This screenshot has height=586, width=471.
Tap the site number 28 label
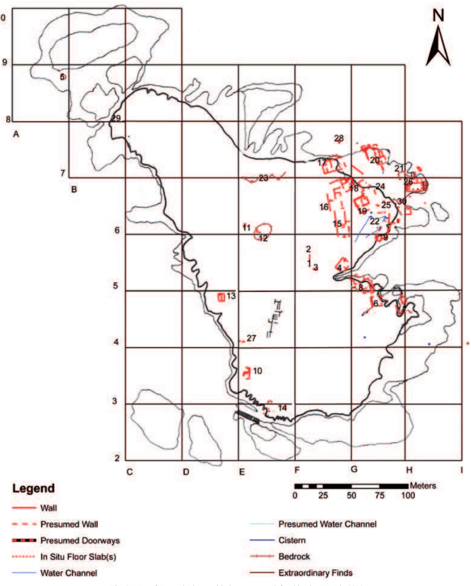pos(339,138)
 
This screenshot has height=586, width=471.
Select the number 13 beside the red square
pos(231,296)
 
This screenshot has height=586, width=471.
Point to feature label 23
pos(263,178)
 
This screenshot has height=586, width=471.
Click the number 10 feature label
pos(257,371)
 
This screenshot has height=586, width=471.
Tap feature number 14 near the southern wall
pos(282,408)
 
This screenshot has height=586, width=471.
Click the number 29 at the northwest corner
pos(116,118)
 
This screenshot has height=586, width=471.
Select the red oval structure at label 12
pos(263,231)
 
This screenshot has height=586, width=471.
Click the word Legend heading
pos(34,488)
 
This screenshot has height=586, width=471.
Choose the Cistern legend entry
pos(292,540)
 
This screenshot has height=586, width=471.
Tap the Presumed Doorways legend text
pos(80,540)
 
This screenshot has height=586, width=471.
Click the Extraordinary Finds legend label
pos(315,573)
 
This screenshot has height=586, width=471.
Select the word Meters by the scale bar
pos(423,485)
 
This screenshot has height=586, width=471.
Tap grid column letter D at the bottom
pos(186,471)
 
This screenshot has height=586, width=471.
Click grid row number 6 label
pos(117,230)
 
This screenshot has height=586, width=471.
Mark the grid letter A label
pos(16,134)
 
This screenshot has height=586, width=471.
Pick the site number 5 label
pos(62,77)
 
